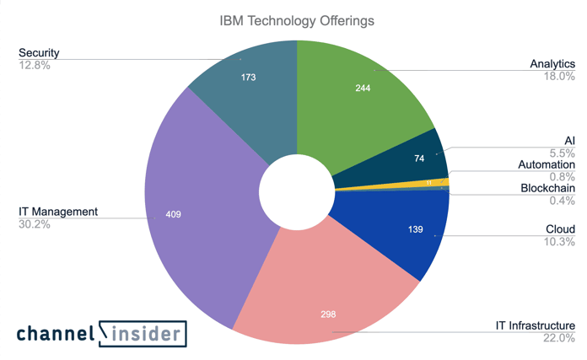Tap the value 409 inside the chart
pos(171,214)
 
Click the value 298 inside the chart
pos(328,314)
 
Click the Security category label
pos(39,53)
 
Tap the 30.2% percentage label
pos(35,224)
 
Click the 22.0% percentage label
pos(559,337)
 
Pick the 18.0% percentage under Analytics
pos(559,76)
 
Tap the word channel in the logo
pos(55,334)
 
